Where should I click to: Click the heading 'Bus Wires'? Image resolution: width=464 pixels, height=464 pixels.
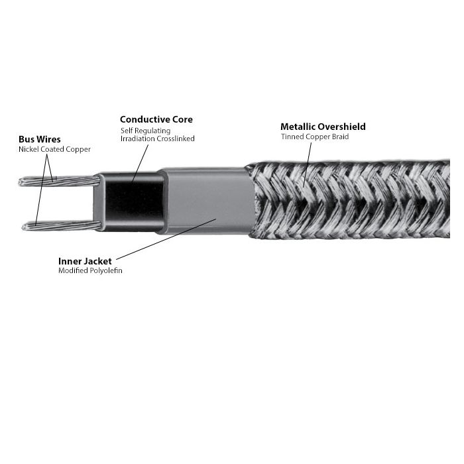tap(40, 139)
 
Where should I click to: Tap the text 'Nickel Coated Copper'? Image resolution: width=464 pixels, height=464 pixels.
tap(54, 149)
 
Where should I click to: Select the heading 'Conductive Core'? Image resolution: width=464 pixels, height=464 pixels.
tap(156, 119)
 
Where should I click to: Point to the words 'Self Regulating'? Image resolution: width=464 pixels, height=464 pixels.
tap(146, 131)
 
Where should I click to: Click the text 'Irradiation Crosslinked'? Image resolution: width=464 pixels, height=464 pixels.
tap(158, 139)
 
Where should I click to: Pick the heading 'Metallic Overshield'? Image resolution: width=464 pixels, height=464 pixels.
tap(323, 127)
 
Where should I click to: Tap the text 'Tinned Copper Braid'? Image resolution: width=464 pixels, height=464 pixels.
tap(315, 137)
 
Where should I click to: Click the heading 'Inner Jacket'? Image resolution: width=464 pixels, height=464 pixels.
tap(85, 261)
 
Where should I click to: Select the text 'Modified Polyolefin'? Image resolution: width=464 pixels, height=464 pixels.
tap(90, 270)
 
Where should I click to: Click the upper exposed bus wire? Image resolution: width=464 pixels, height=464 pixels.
tap(59, 181)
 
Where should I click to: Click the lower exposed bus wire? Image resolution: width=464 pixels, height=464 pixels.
tap(62, 226)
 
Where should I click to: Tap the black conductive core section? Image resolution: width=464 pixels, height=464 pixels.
tap(134, 202)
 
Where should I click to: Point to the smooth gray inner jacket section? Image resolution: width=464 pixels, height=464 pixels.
tap(207, 202)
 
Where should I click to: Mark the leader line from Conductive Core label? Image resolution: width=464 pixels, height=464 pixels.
tap(141, 163)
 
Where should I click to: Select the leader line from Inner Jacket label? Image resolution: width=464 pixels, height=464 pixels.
tap(166, 239)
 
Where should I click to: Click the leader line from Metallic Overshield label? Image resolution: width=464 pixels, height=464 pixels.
tap(308, 165)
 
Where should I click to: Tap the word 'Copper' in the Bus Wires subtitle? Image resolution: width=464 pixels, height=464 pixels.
tap(78, 149)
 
